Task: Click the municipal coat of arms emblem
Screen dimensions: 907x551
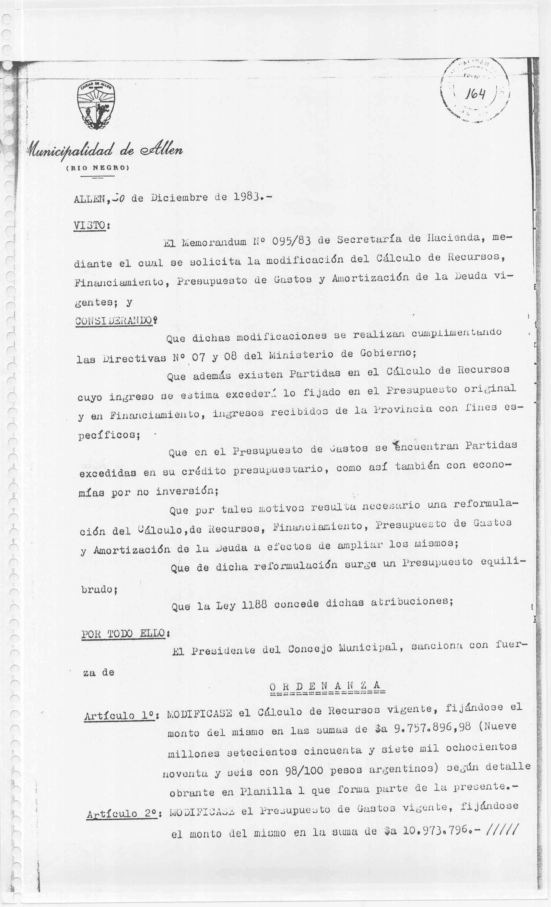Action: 96,106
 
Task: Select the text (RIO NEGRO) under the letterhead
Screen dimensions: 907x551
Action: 97,168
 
